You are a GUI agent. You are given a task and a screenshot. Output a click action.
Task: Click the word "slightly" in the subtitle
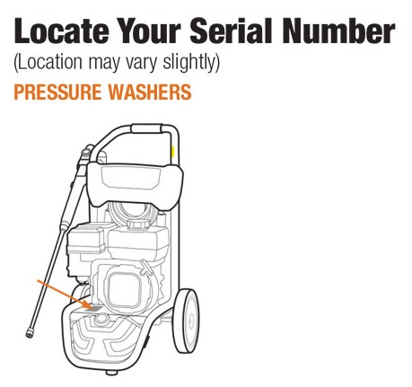(x=192, y=64)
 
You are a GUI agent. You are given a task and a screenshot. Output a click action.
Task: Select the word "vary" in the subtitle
(x=147, y=64)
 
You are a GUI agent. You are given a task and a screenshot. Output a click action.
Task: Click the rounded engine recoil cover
(x=127, y=288)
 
